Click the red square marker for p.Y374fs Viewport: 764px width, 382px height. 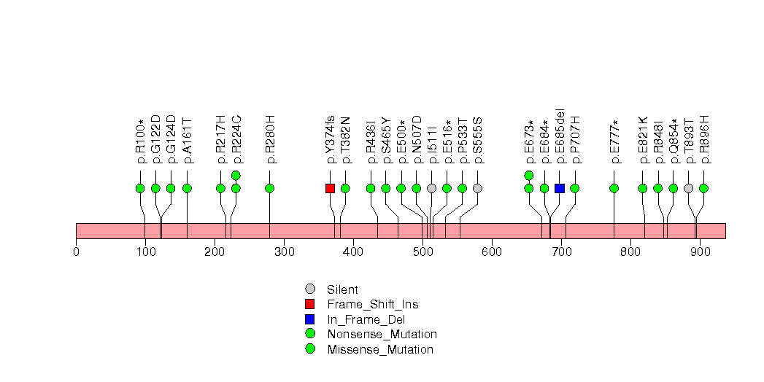[330, 188]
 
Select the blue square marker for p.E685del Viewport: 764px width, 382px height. [560, 188]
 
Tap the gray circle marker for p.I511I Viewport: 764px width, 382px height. [431, 188]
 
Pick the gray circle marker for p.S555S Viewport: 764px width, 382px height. [477, 188]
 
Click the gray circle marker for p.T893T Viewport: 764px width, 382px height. [688, 188]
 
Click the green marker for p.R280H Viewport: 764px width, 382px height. [270, 188]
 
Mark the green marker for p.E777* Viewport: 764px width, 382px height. [614, 188]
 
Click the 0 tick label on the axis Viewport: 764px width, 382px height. [76, 252]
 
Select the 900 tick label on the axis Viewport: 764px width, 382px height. [700, 252]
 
